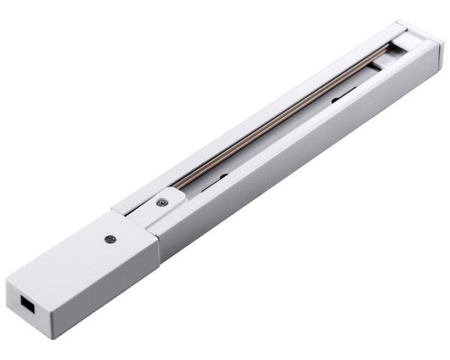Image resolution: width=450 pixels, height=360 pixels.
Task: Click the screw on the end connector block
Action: point(109,238)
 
